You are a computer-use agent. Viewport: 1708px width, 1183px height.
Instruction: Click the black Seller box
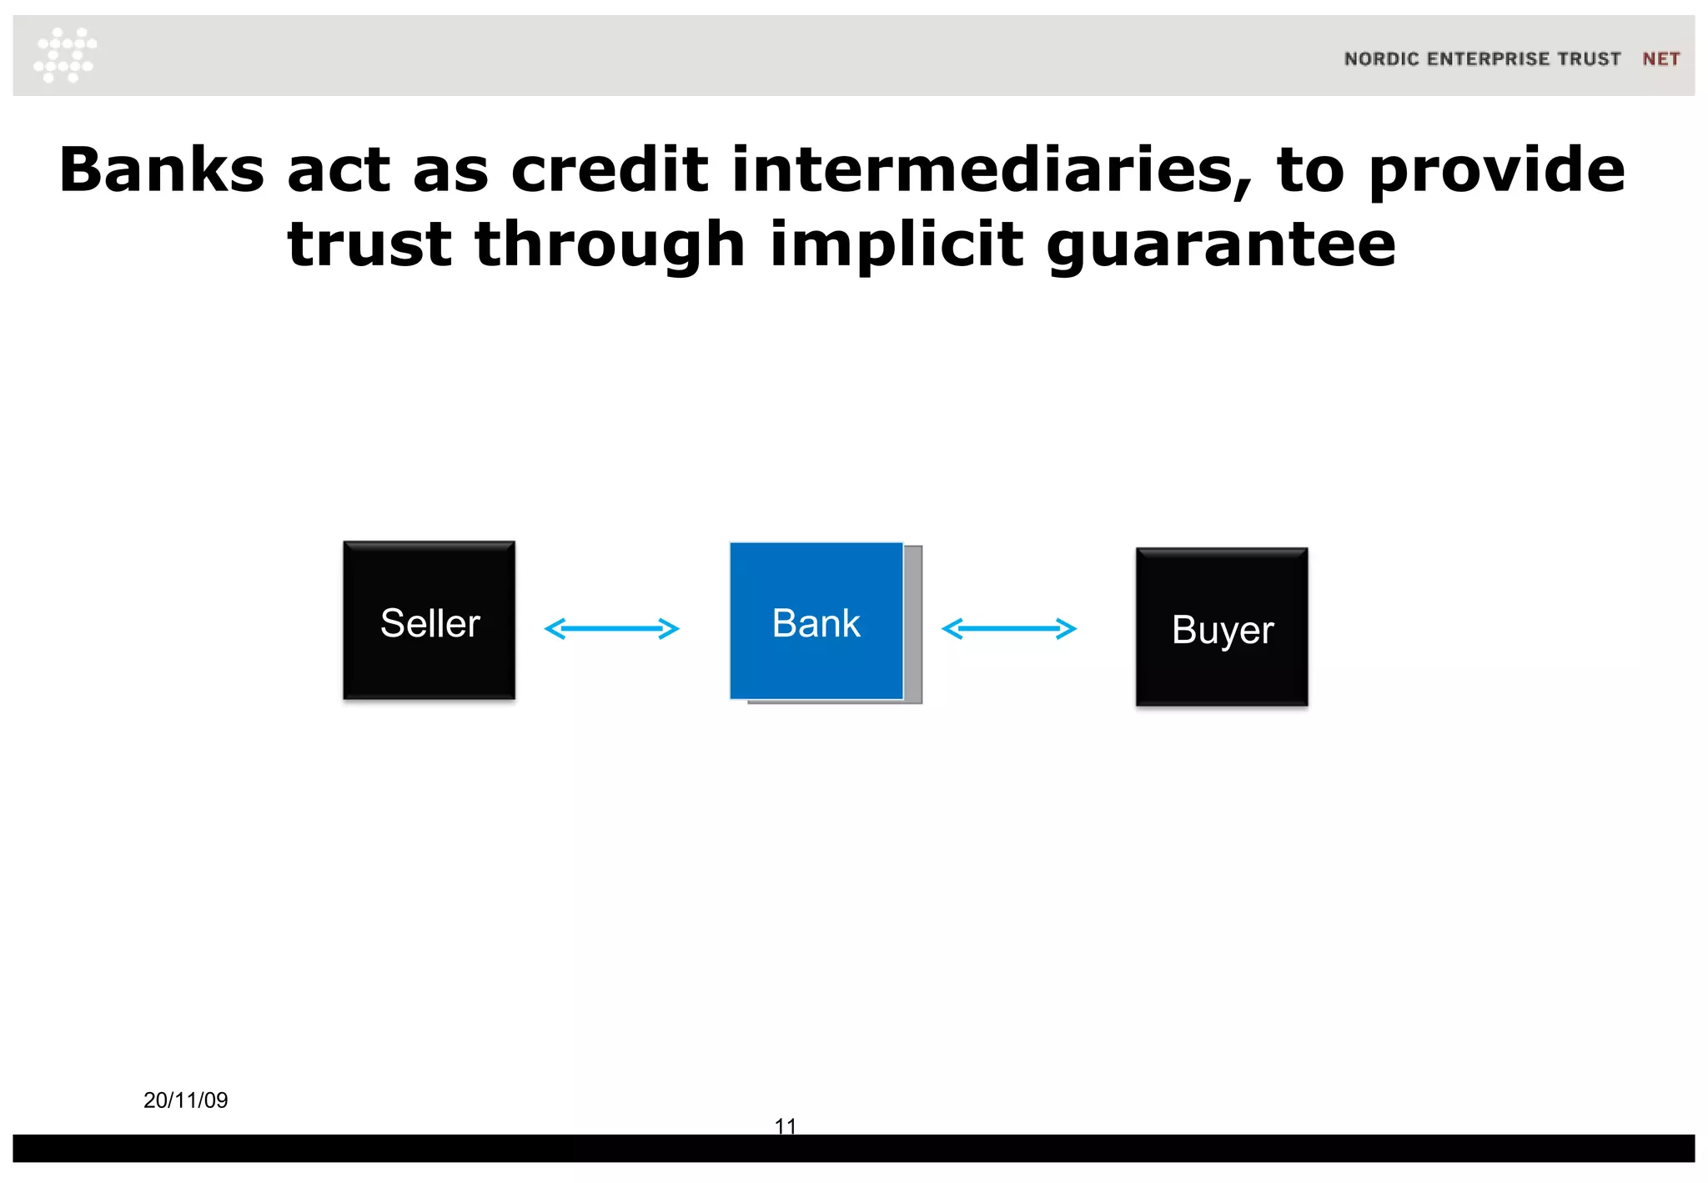coord(429,620)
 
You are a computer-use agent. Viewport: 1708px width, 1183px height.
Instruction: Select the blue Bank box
coord(816,621)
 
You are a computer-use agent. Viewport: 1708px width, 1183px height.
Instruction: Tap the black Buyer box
coord(1222,627)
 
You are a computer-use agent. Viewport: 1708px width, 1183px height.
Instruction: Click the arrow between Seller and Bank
coord(611,628)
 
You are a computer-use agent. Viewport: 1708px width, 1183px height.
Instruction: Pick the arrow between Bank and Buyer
coord(1009,628)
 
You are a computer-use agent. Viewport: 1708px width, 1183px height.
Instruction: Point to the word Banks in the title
coord(161,170)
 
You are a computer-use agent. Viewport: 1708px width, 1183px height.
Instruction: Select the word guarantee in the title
coord(1221,246)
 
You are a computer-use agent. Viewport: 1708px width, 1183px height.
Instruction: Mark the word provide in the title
coord(1497,172)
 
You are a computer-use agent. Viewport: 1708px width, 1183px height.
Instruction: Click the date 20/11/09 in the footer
coord(186,1100)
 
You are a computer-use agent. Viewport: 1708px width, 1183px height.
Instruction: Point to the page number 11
coord(786,1125)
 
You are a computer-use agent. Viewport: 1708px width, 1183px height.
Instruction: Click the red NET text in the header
coord(1660,59)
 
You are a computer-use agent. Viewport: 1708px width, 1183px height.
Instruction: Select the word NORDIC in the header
coord(1381,59)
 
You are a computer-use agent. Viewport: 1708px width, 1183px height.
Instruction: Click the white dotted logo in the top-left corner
coord(65,55)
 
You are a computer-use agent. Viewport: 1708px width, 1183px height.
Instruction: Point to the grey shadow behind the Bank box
coord(913,626)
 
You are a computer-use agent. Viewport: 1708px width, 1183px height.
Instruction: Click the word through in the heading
coord(610,246)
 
